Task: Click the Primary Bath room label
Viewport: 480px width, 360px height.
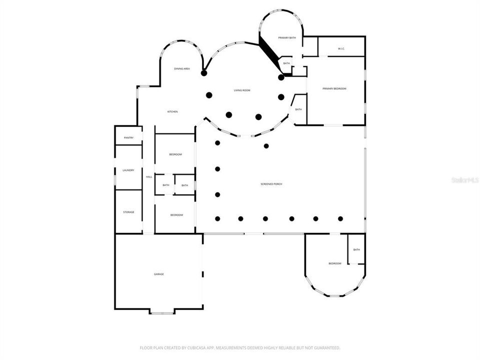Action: click(x=287, y=38)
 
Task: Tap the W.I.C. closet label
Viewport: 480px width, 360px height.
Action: click(x=341, y=48)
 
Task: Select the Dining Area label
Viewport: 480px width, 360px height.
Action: click(x=181, y=68)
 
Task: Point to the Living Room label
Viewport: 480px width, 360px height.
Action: click(x=242, y=90)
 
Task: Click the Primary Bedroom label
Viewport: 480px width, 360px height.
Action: click(x=334, y=88)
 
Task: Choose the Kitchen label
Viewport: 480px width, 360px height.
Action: click(x=172, y=111)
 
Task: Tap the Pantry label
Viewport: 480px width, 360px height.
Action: click(x=128, y=137)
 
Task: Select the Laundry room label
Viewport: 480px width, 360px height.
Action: click(x=128, y=170)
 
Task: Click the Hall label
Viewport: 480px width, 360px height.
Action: click(x=149, y=177)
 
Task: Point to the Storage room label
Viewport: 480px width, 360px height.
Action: click(x=128, y=212)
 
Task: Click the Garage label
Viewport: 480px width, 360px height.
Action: click(x=159, y=274)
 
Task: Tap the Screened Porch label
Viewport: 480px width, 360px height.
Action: click(x=271, y=184)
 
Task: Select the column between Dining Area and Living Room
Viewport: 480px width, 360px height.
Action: click(x=204, y=73)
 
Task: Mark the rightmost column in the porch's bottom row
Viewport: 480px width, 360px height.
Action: click(x=340, y=218)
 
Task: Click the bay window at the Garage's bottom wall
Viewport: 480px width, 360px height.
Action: click(x=161, y=312)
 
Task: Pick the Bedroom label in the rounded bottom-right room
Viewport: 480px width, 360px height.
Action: click(x=334, y=263)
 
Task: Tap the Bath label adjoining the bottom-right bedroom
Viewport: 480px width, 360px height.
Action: click(x=356, y=250)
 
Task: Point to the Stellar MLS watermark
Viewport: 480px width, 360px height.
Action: click(x=464, y=179)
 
